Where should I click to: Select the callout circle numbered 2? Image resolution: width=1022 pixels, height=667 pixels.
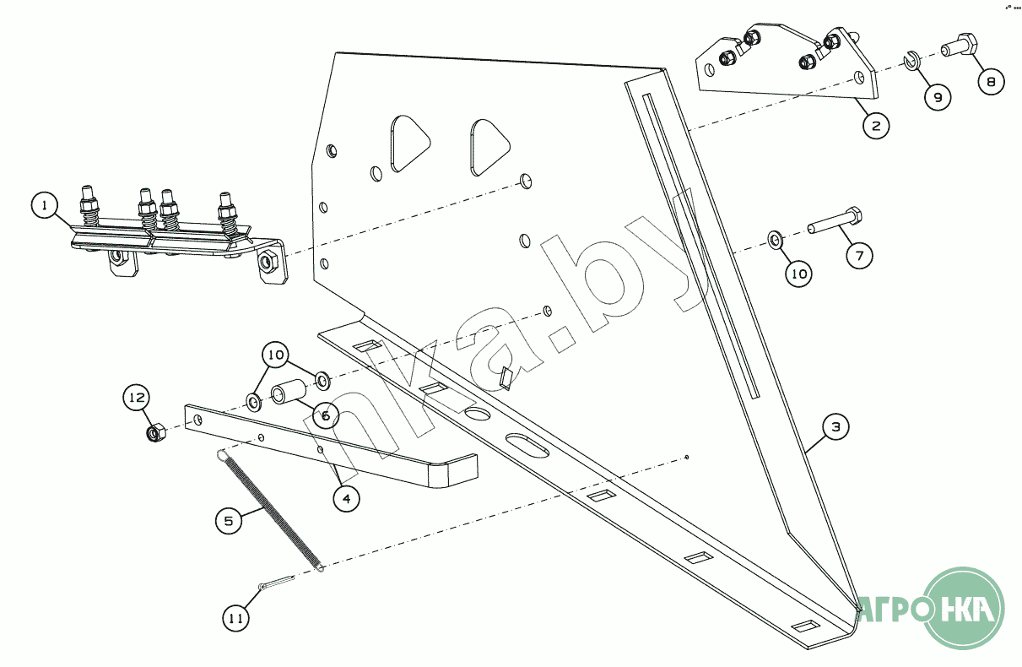pyautogui.click(x=876, y=126)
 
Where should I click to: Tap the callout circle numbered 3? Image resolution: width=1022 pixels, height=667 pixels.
pyautogui.click(x=835, y=427)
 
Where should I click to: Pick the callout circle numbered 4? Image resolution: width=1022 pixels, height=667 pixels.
pyautogui.click(x=344, y=499)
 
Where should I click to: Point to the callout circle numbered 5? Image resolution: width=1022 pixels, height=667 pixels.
pyautogui.click(x=228, y=521)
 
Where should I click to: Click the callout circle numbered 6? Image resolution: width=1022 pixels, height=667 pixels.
pyautogui.click(x=325, y=415)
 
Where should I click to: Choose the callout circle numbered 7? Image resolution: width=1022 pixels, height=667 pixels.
pyautogui.click(x=858, y=254)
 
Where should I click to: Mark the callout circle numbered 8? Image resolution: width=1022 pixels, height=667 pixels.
pyautogui.click(x=992, y=82)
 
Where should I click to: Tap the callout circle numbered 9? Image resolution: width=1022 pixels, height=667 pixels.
pyautogui.click(x=936, y=96)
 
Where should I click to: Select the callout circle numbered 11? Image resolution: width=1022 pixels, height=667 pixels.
pyautogui.click(x=237, y=618)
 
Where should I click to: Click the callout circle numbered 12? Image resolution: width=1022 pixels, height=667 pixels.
pyautogui.click(x=138, y=397)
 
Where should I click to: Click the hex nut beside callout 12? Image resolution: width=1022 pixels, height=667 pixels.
pyautogui.click(x=155, y=434)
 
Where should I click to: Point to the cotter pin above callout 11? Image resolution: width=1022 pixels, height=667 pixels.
pyautogui.click(x=275, y=584)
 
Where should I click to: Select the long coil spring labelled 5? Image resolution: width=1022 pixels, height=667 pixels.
pyautogui.click(x=270, y=511)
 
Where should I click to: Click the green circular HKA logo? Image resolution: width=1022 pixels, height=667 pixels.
pyautogui.click(x=965, y=607)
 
